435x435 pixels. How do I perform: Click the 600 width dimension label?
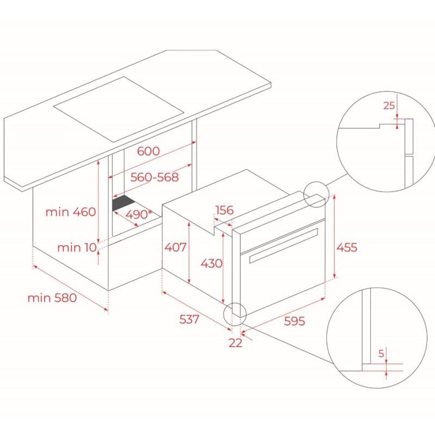point(148,152)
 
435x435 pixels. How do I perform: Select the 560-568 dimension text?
point(154,177)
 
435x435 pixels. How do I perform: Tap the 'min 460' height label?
point(71,212)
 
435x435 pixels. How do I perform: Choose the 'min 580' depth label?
point(52,298)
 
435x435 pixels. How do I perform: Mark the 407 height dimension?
point(175,248)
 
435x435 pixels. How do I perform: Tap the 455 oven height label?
point(346,247)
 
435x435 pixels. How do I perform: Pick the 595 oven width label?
point(294,321)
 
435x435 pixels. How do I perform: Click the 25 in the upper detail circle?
point(389,105)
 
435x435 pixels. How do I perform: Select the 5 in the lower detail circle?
point(381,353)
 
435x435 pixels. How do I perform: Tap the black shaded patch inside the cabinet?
point(125,203)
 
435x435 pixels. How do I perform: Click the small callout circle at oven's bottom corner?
point(235,313)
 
